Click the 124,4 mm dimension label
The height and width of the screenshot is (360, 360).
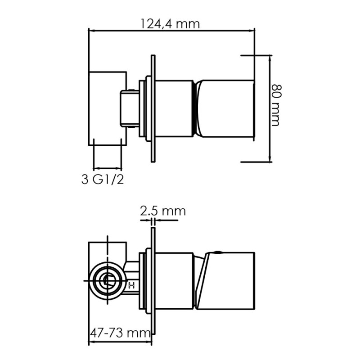coord(170,24)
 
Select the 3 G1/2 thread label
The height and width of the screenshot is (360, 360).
coord(103,179)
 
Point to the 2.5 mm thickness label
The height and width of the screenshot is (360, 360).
coord(163,211)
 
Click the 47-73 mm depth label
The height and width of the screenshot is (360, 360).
coord(120,333)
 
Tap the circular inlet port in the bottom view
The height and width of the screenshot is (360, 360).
coord(108,281)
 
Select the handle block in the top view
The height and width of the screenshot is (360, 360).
coord(225,109)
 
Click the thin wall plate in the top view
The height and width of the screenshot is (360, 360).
coord(153,108)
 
